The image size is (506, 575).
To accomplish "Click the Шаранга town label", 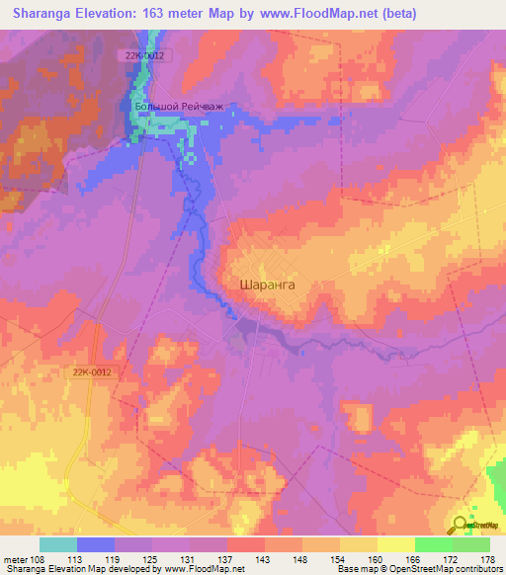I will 268,285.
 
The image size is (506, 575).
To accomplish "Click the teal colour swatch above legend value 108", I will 58,543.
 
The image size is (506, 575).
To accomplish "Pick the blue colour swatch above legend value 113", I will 96,543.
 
